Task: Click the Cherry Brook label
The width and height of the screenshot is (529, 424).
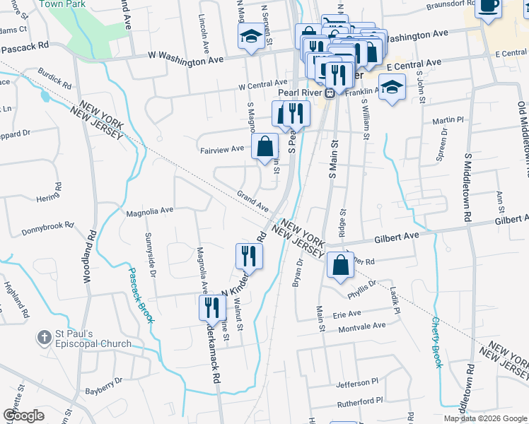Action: (x=436, y=342)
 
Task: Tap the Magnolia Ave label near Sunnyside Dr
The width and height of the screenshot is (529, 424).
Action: (x=149, y=211)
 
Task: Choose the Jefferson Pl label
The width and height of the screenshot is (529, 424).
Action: (x=358, y=383)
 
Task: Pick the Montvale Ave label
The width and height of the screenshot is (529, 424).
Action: (x=362, y=326)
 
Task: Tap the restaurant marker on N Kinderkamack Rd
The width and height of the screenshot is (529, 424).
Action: (x=248, y=255)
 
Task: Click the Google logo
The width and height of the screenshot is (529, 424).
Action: (x=23, y=416)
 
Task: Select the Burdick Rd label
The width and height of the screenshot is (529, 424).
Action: (x=54, y=78)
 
